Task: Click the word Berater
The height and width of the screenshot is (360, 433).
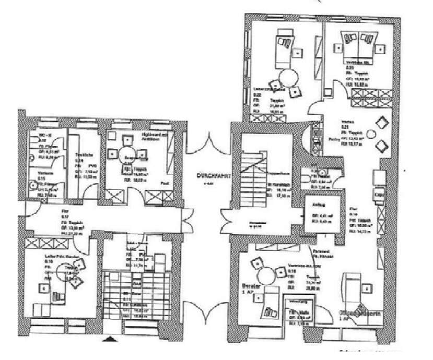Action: click(250, 286)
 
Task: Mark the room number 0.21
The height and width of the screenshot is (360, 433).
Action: click(345, 127)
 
